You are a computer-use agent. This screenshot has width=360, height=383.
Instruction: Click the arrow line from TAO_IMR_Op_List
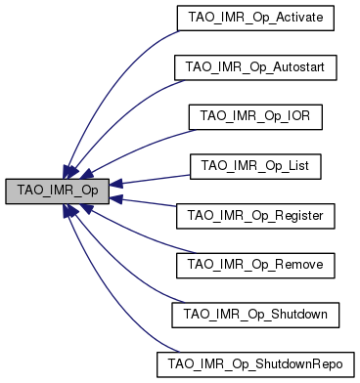coord(147,175)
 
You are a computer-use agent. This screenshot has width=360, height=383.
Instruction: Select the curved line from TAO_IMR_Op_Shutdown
coord(127,283)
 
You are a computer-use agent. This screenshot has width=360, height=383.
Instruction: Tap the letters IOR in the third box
coord(295,116)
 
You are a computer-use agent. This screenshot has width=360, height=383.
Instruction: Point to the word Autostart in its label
coord(305,67)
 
